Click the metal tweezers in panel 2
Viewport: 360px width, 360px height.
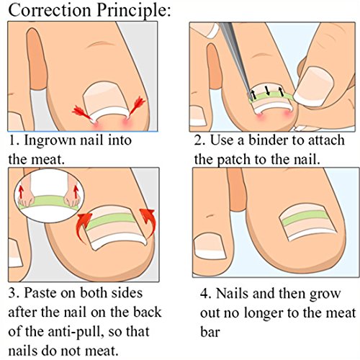click(x=236, y=59)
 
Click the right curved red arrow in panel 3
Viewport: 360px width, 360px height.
click(x=148, y=221)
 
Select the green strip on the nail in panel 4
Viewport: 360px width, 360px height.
click(x=305, y=217)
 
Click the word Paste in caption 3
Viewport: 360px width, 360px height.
click(x=40, y=293)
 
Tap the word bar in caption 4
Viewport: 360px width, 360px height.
click(x=210, y=332)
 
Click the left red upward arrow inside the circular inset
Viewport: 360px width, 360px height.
click(x=21, y=192)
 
